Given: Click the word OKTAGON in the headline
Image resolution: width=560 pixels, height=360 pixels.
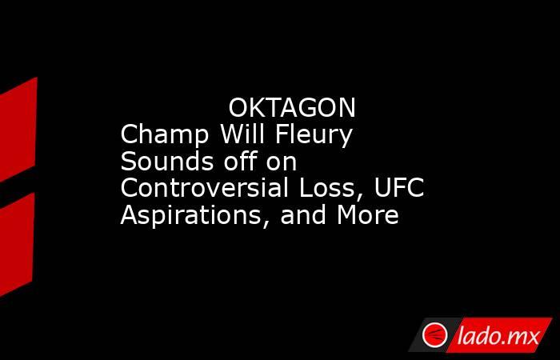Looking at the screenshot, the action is [292, 108].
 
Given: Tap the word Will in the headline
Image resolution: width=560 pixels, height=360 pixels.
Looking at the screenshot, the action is [243, 134].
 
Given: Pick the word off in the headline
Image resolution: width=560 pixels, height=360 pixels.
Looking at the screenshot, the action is [240, 161].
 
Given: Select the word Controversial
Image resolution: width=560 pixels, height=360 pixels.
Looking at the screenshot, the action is [205, 188].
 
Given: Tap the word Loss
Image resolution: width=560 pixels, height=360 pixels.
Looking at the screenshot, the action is [331, 188].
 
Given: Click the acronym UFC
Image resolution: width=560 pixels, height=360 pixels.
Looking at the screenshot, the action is [399, 188].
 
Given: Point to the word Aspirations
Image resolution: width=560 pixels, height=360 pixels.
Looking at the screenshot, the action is [191, 215].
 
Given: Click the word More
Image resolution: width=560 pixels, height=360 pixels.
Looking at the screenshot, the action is [368, 214].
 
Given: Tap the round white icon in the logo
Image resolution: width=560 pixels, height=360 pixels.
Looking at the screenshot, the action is [434, 335].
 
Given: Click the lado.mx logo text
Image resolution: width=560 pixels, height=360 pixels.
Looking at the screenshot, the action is [498, 336].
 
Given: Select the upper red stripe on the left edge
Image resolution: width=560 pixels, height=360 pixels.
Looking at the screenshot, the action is [18, 130].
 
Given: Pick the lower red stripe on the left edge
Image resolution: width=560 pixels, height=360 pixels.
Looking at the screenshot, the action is [17, 245].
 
